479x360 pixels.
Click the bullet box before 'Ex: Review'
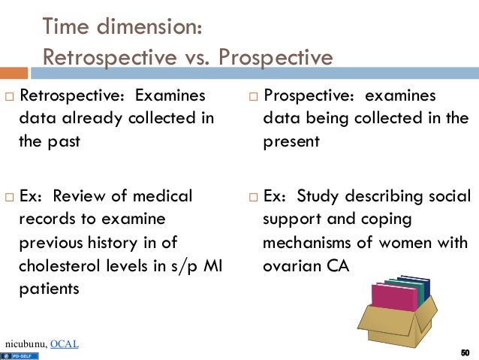(x=9, y=197)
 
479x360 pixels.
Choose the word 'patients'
(x=49, y=287)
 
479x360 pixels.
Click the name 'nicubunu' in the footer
(x=24, y=344)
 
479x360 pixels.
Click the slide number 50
(x=465, y=353)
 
